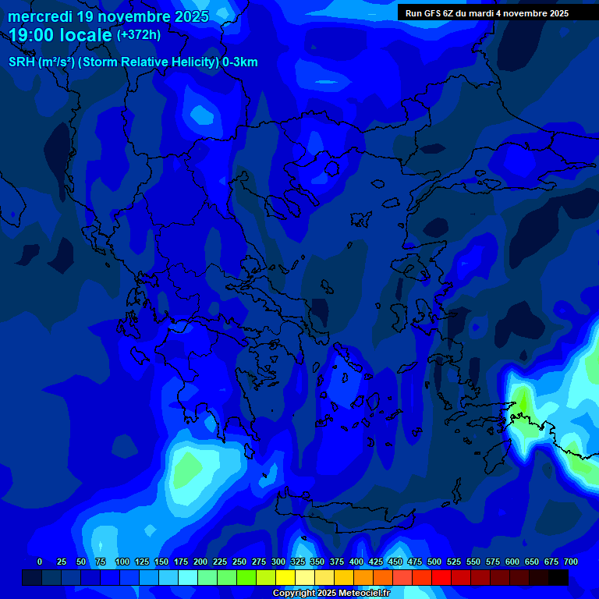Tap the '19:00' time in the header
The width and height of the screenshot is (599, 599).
pyautogui.click(x=32, y=36)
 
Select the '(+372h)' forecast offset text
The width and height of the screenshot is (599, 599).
pyautogui.click(x=138, y=35)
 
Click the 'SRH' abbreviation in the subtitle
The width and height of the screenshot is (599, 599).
pyautogui.click(x=21, y=62)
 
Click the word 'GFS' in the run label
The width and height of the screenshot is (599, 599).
pyautogui.click(x=433, y=13)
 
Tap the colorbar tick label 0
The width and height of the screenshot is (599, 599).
pyautogui.click(x=40, y=562)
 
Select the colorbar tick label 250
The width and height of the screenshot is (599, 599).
pyautogui.click(x=239, y=562)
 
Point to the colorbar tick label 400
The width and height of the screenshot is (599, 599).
pyautogui.click(x=356, y=562)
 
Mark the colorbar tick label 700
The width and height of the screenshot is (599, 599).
pyautogui.click(x=571, y=562)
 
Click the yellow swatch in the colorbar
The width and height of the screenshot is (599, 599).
pyautogui.click(x=285, y=577)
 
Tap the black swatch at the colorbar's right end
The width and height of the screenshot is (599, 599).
pyautogui.click(x=558, y=577)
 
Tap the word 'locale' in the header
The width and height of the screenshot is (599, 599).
pyautogui.click(x=85, y=36)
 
